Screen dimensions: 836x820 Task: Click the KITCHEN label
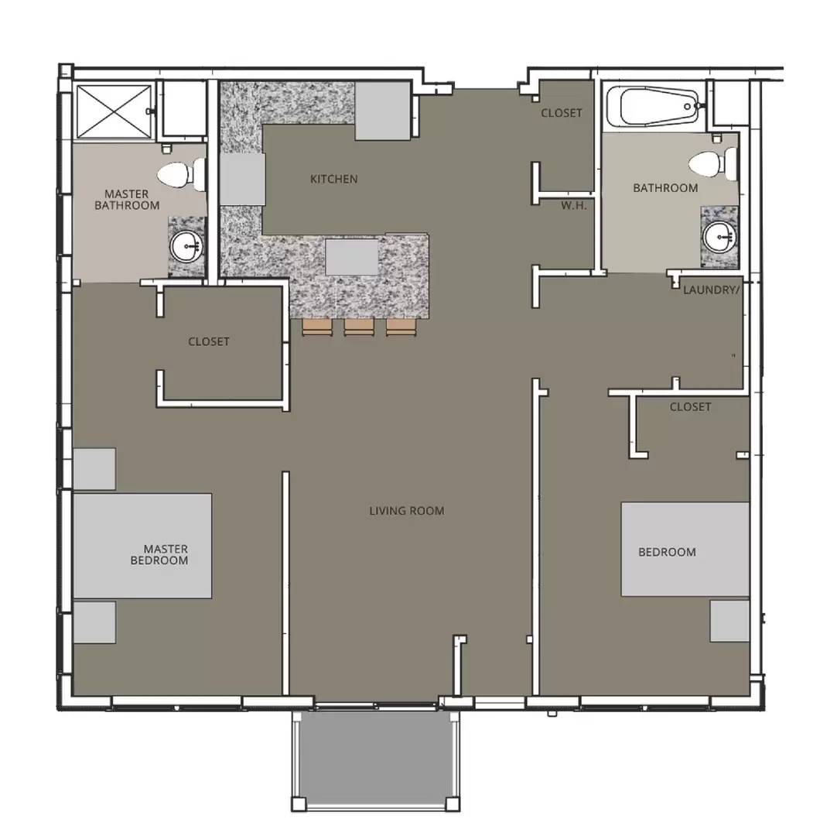click(333, 179)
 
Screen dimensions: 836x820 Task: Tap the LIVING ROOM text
click(406, 511)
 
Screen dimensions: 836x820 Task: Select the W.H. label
click(574, 206)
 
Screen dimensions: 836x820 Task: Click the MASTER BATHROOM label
click(127, 200)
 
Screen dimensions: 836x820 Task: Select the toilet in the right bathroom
click(712, 163)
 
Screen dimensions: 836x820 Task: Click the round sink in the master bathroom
click(186, 247)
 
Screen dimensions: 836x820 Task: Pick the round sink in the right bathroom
click(719, 235)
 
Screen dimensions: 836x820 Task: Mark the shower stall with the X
click(113, 112)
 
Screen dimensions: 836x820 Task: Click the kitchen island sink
click(352, 257)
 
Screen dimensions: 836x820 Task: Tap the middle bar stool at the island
click(359, 328)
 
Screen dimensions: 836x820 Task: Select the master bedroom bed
click(142, 546)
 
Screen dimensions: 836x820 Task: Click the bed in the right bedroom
click(685, 550)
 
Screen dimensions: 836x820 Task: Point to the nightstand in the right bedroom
click(729, 621)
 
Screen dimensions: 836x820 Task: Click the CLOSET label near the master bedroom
click(209, 341)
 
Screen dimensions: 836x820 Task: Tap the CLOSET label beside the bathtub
click(562, 113)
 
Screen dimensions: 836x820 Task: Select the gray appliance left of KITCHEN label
click(243, 180)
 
